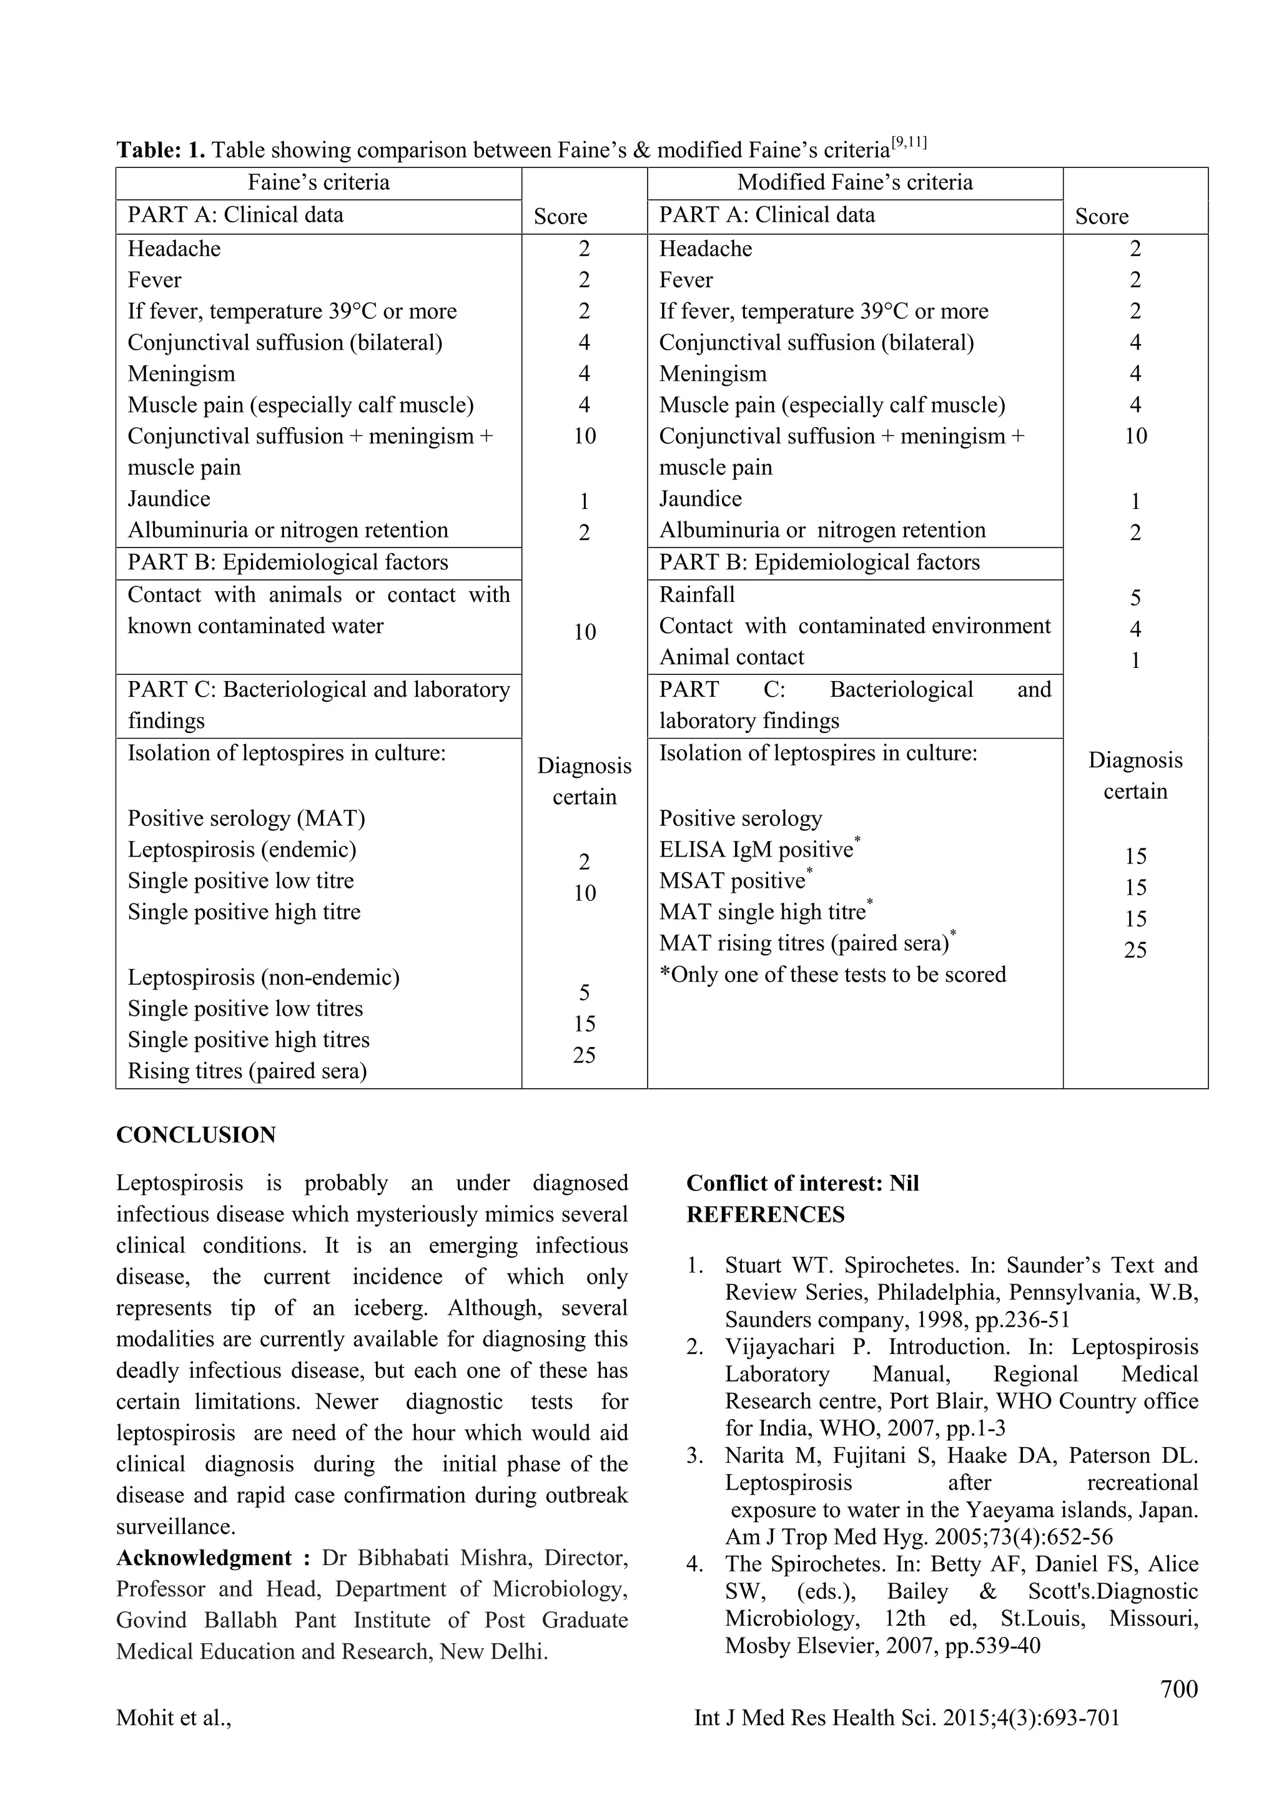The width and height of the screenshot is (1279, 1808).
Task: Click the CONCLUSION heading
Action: click(196, 1135)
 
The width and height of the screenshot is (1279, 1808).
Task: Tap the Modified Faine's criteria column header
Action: click(854, 183)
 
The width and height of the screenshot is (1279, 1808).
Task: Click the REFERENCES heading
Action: click(765, 1215)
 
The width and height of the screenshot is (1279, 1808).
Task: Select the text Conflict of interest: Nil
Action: click(802, 1184)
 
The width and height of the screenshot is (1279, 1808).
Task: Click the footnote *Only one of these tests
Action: click(832, 975)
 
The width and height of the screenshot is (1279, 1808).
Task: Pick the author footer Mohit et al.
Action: click(173, 1717)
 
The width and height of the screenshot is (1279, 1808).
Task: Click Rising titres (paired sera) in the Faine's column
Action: click(247, 1071)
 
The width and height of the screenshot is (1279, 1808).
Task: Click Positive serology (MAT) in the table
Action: click(245, 819)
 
